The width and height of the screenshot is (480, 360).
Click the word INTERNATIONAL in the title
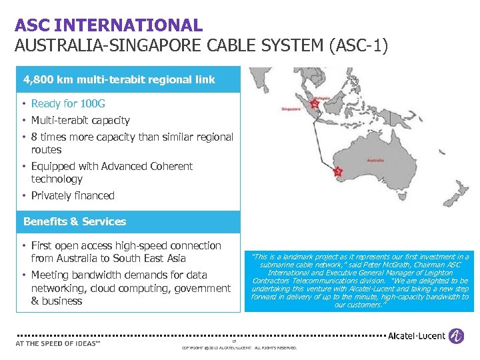[129, 26]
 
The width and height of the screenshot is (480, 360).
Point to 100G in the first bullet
[93, 104]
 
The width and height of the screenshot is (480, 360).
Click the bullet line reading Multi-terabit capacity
[80, 121]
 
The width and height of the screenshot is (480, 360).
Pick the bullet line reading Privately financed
[73, 196]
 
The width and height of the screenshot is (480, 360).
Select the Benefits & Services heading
[75, 221]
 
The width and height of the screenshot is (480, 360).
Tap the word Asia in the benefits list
[174, 259]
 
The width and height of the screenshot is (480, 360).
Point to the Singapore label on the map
[292, 108]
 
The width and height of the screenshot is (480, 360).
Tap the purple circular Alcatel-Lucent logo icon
[456, 336]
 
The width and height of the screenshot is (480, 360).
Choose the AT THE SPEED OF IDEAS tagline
[58, 344]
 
